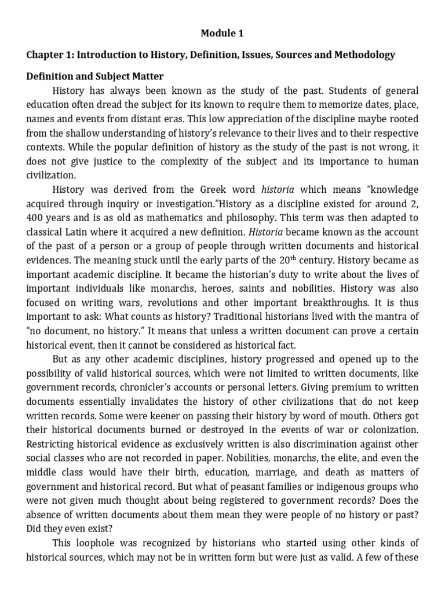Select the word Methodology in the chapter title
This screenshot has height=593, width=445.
(366, 55)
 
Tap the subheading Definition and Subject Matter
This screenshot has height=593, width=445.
(95, 76)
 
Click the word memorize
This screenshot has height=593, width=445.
(329, 106)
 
